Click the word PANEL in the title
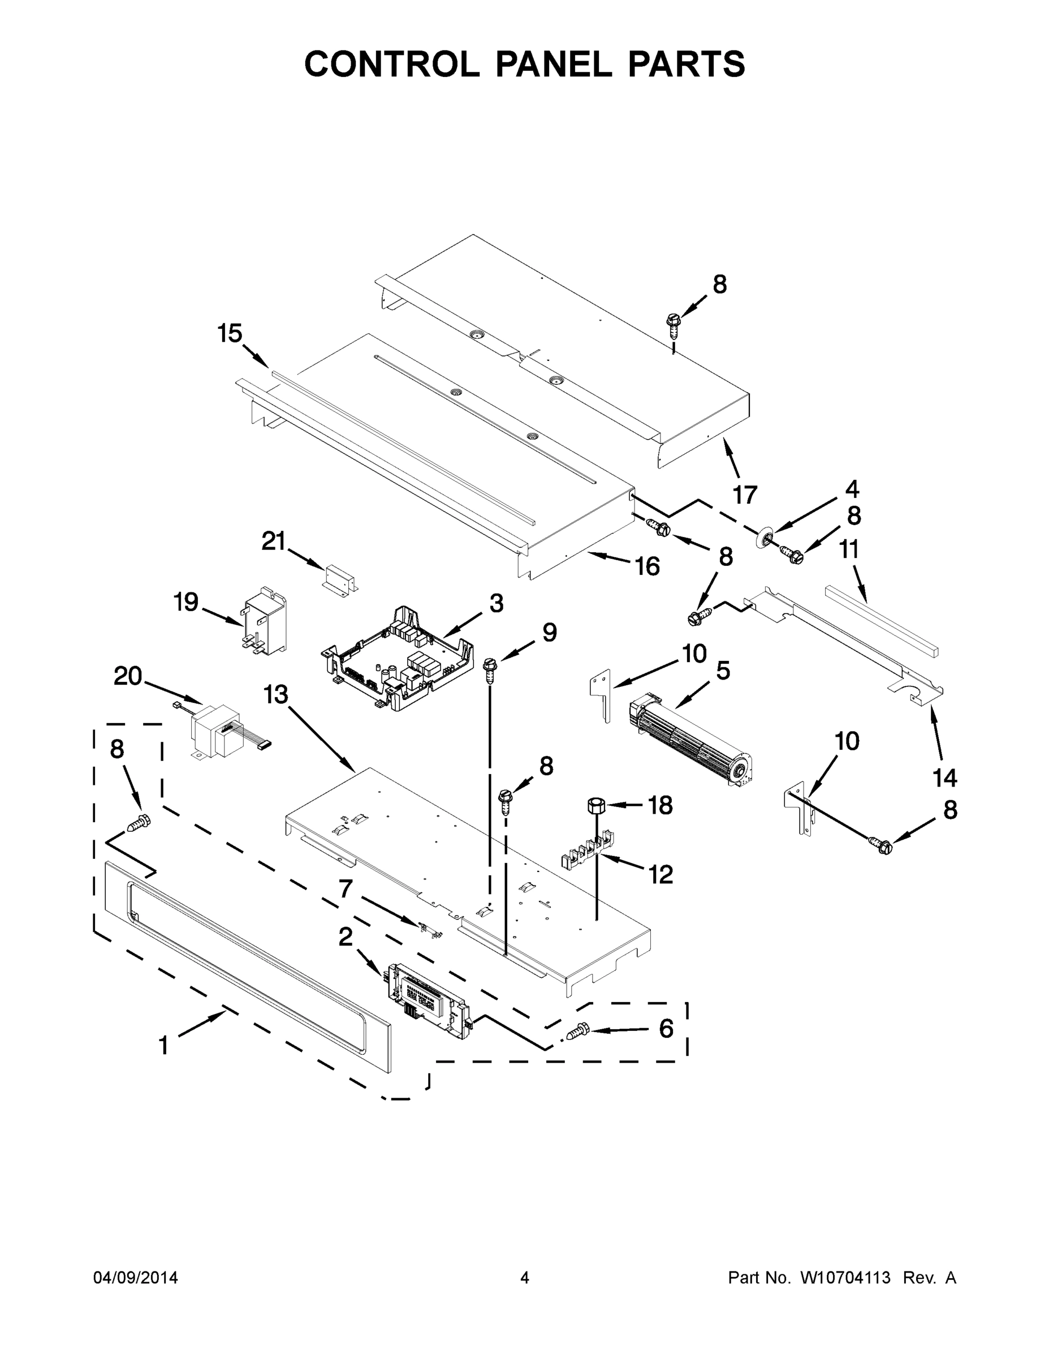554,64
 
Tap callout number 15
230,334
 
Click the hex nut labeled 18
596,806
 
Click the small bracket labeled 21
342,578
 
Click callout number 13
276,694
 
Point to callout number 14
944,777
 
